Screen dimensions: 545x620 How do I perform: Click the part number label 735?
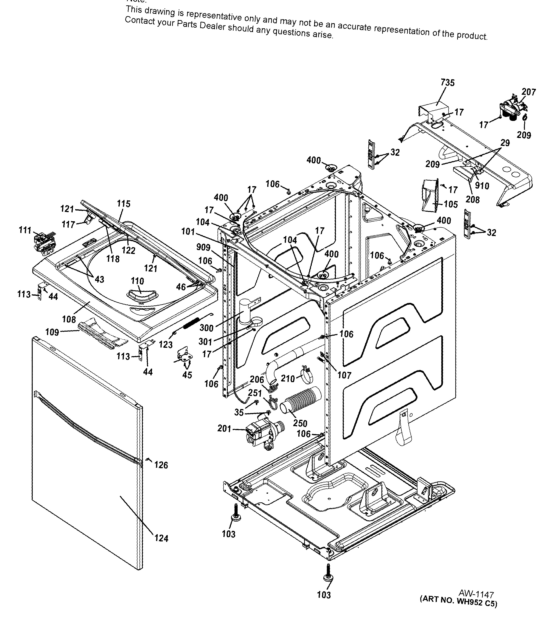click(x=447, y=83)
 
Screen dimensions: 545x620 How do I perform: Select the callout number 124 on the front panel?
click(x=161, y=538)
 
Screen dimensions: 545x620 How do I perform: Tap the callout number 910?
click(x=482, y=186)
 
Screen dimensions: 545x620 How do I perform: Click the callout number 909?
click(x=203, y=247)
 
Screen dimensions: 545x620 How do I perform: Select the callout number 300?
click(x=207, y=328)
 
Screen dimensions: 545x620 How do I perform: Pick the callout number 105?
click(x=451, y=204)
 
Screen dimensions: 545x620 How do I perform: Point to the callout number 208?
click(x=473, y=199)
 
